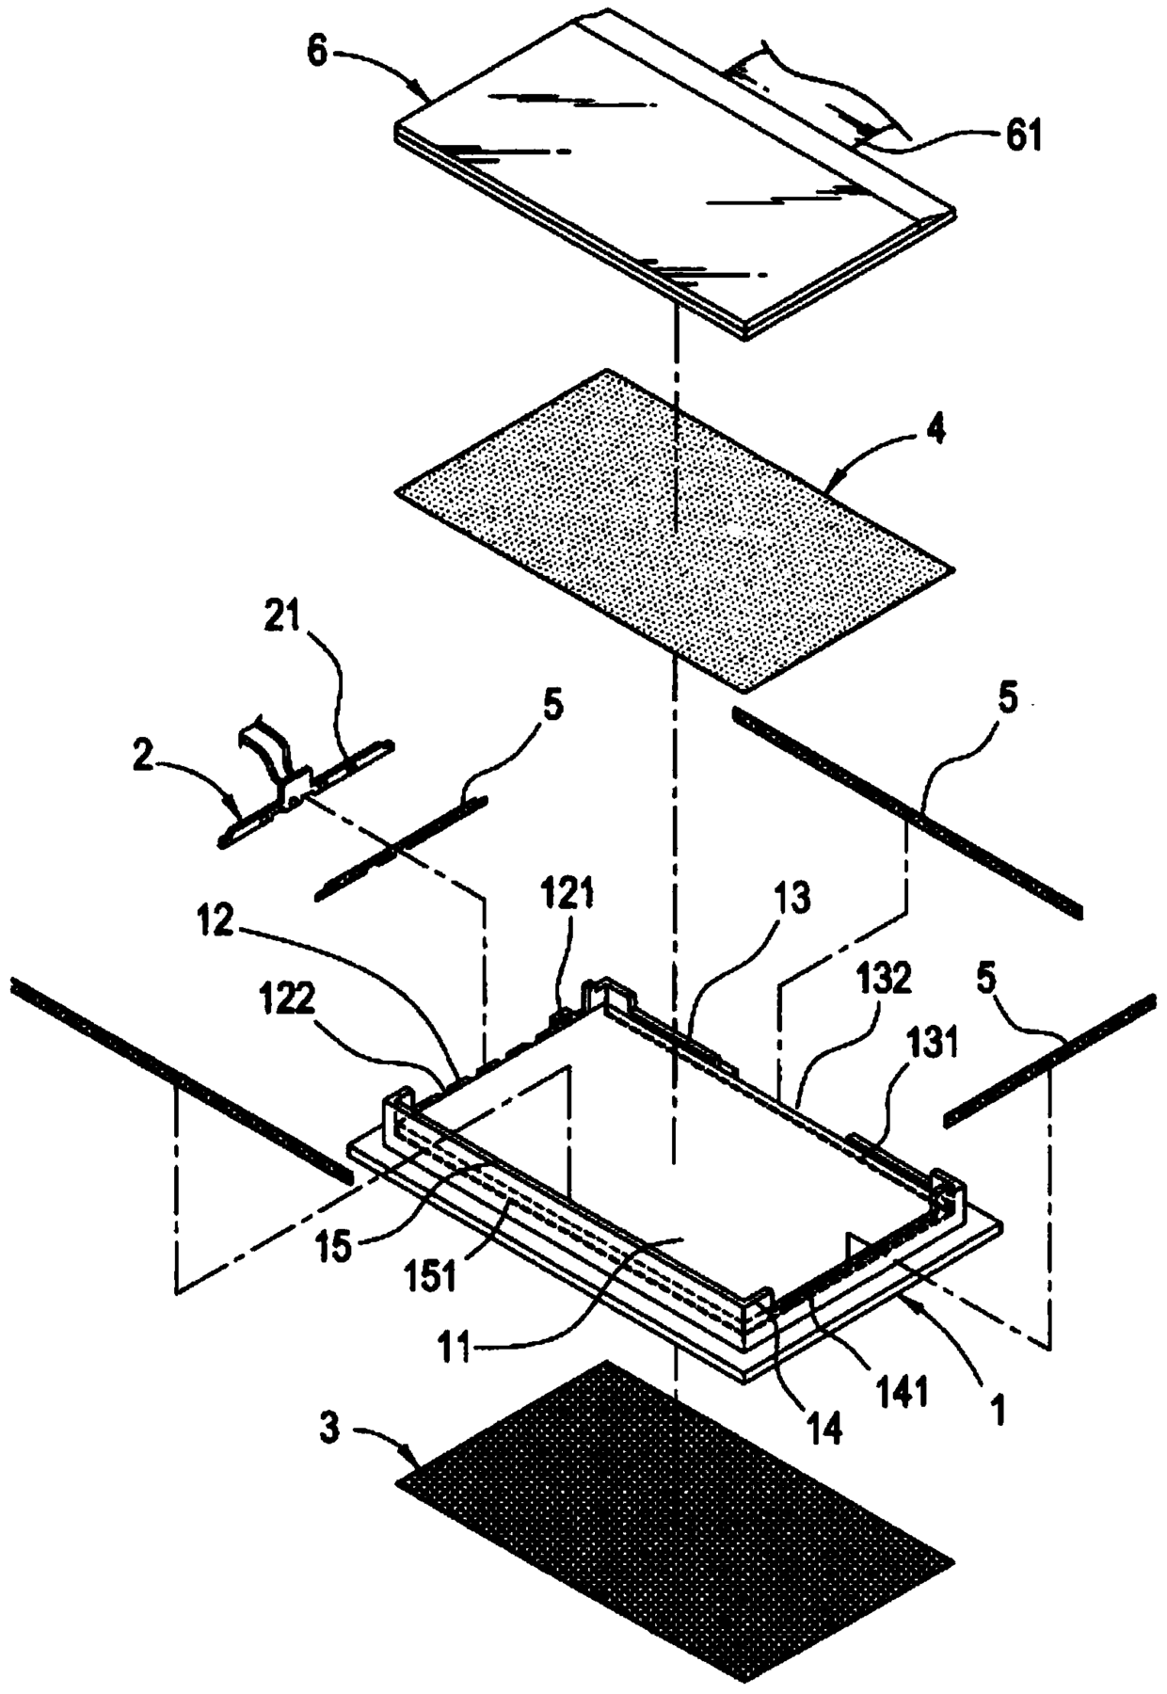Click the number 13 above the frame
(x=795, y=901)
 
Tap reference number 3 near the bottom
(x=329, y=1429)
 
